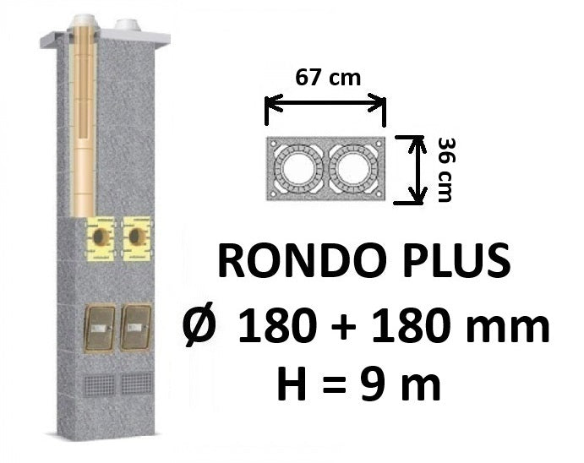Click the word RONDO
coord(303,260)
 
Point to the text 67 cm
coord(328,79)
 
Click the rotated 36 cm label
coord(445,170)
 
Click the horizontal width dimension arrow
coord(325,104)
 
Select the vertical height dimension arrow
coord(417,170)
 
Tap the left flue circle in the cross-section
coord(298,169)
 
